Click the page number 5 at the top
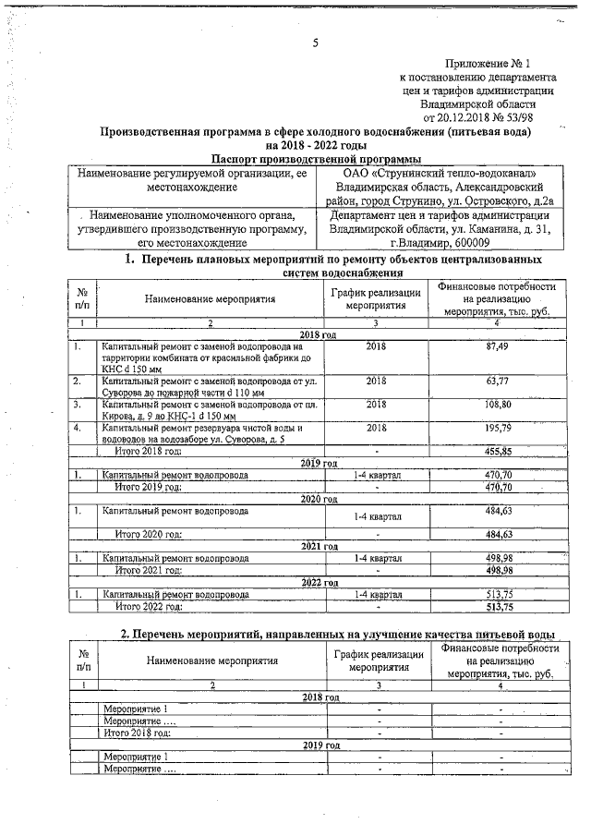[x=315, y=42]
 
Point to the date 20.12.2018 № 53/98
[x=477, y=117]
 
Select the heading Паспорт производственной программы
[x=308, y=159]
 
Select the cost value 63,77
[x=498, y=380]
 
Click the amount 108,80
[x=498, y=404]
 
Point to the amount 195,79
[x=498, y=428]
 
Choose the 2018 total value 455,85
[x=498, y=451]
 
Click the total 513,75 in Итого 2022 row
[x=498, y=607]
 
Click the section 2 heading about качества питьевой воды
[x=338, y=635]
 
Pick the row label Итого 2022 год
[x=148, y=607]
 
